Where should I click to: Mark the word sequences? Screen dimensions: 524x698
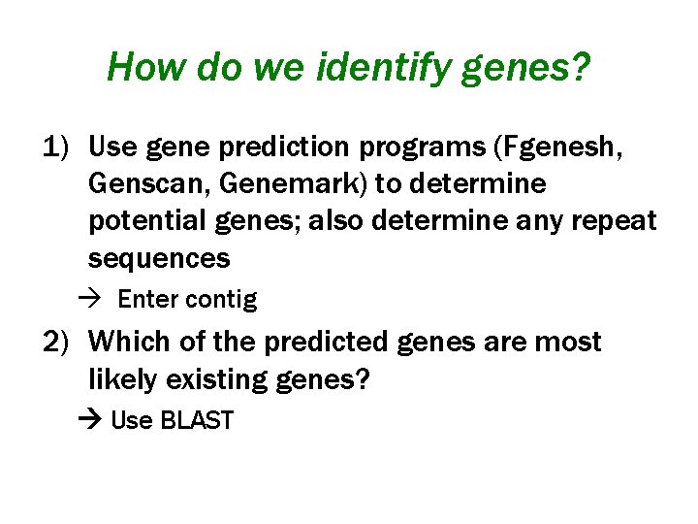pos(159,258)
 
